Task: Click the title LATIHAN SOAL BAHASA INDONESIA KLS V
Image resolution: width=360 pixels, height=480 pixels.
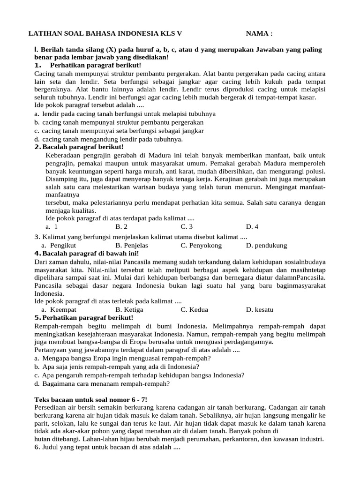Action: [105, 34]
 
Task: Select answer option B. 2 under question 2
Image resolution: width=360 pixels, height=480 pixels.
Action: [121, 226]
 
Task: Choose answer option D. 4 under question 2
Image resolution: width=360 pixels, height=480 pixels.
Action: [252, 226]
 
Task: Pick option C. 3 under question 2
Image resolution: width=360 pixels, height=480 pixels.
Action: [187, 226]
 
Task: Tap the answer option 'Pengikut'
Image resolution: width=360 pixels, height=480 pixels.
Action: [63, 245]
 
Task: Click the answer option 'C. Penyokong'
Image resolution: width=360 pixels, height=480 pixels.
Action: [201, 245]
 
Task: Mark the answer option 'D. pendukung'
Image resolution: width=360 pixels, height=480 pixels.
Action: [266, 245]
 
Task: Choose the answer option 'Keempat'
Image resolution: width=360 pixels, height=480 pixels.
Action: [63, 310]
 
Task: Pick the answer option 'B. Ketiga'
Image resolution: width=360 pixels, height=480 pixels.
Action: [129, 310]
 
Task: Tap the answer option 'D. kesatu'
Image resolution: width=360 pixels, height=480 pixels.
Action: [259, 310]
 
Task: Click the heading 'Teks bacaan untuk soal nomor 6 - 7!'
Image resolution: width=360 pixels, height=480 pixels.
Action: [91, 399]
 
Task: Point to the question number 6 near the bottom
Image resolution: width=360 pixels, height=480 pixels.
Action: [37, 448]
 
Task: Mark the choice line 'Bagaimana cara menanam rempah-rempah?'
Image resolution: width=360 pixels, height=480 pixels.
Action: [105, 383]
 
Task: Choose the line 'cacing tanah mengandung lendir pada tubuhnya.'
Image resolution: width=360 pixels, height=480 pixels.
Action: [112, 139]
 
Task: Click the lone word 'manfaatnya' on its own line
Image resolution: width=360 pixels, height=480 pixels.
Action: [62, 194]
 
